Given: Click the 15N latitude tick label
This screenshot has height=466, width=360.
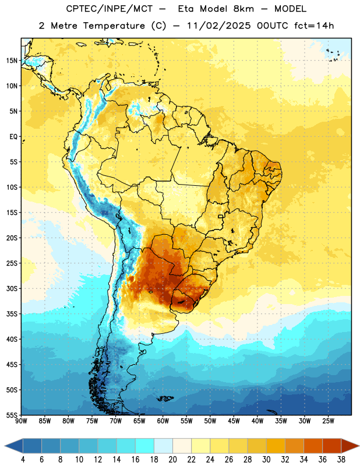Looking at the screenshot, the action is pyautogui.click(x=12, y=61).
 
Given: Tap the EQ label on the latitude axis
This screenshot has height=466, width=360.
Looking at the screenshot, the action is pyautogui.click(x=13, y=137).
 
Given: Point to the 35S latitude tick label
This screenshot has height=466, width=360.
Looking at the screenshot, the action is pyautogui.click(x=12, y=314).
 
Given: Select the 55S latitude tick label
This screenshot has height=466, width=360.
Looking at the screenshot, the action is pyautogui.click(x=12, y=415).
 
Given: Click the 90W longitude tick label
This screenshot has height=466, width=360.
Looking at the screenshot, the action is pyautogui.click(x=21, y=421).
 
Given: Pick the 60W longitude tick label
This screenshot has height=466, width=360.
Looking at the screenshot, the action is pyautogui.click(x=163, y=421).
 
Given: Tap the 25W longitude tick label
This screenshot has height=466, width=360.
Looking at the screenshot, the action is pyautogui.click(x=328, y=421).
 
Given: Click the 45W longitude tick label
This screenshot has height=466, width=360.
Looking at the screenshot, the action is pyautogui.click(x=234, y=421).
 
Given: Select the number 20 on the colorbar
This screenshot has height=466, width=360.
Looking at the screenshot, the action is pyautogui.click(x=172, y=460).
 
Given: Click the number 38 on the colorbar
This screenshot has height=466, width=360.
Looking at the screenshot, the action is pyautogui.click(x=341, y=460).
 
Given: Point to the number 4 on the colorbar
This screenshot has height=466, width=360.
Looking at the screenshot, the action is pyautogui.click(x=23, y=460).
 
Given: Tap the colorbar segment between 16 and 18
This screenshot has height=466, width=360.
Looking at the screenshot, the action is pyautogui.click(x=145, y=446).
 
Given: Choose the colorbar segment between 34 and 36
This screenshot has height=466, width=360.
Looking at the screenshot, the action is pyautogui.click(x=313, y=446).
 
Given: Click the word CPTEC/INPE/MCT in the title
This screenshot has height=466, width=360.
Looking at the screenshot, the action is pyautogui.click(x=109, y=9).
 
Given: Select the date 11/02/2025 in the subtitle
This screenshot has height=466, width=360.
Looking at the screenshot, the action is pyautogui.click(x=219, y=26).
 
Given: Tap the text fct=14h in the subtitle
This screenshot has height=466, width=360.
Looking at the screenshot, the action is pyautogui.click(x=314, y=26).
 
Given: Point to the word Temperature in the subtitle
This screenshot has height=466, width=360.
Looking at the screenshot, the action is pyautogui.click(x=114, y=26).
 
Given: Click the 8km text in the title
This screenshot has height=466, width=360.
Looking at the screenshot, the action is pyautogui.click(x=243, y=9).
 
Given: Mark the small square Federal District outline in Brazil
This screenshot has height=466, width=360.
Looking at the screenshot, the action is pyautogui.click(x=221, y=217).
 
